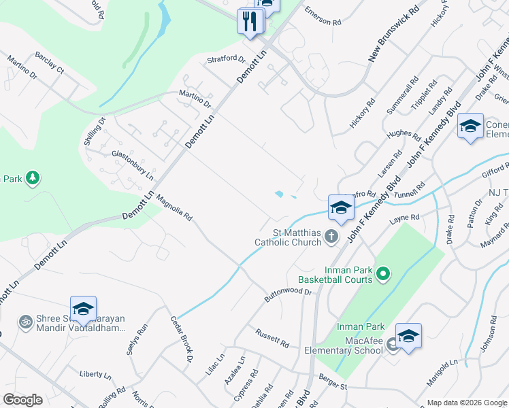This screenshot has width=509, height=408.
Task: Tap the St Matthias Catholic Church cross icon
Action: tap(331, 237)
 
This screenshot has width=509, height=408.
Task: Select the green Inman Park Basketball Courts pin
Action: tap(383, 274)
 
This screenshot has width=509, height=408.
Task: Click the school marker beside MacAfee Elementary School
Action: tap(408, 337)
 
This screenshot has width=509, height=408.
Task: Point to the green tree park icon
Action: tap(32, 179)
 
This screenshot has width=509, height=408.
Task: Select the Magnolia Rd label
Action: tap(175, 209)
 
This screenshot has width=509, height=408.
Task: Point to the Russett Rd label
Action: tap(272, 335)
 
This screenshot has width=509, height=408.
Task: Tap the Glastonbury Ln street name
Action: tap(133, 164)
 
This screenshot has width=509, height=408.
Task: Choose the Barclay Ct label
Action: tap(49, 69)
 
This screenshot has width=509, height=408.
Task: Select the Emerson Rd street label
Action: tap(323, 17)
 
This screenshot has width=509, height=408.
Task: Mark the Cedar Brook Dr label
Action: tap(182, 338)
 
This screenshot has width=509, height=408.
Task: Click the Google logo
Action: tap(22, 400)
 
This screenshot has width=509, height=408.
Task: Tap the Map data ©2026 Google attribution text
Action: tap(467, 403)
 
